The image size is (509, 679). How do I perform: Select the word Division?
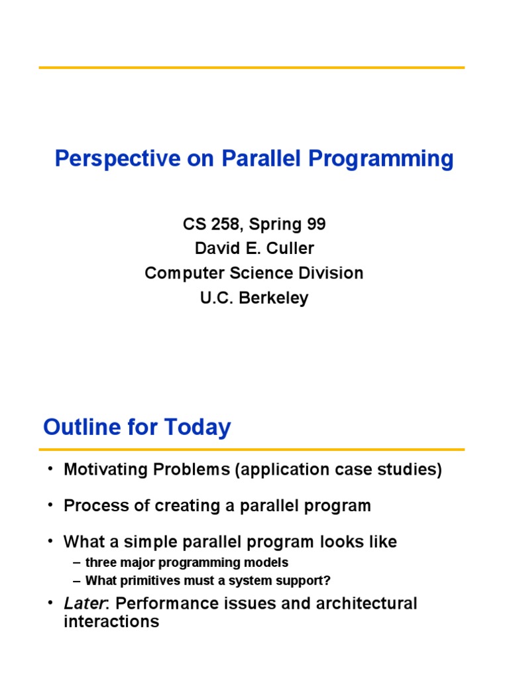332,273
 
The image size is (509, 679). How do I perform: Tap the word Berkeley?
274,298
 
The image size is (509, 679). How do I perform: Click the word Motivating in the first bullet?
105,470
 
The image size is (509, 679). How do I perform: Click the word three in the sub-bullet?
99,563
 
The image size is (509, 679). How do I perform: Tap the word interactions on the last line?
111,622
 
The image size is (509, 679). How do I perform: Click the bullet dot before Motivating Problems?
50,470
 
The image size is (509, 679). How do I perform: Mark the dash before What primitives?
78,581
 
